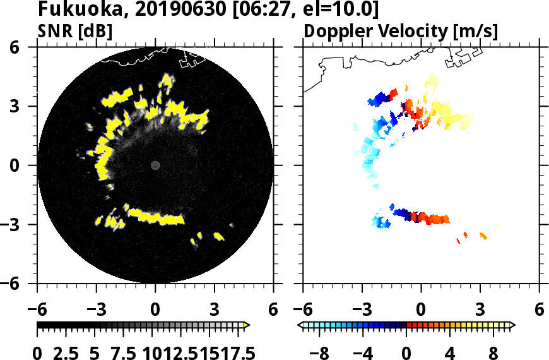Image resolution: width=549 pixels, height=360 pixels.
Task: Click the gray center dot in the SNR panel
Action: point(155,165)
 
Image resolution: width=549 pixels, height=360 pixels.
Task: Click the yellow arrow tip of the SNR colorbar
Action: point(247,325)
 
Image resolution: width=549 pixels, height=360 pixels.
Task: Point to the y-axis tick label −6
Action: point(23,284)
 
